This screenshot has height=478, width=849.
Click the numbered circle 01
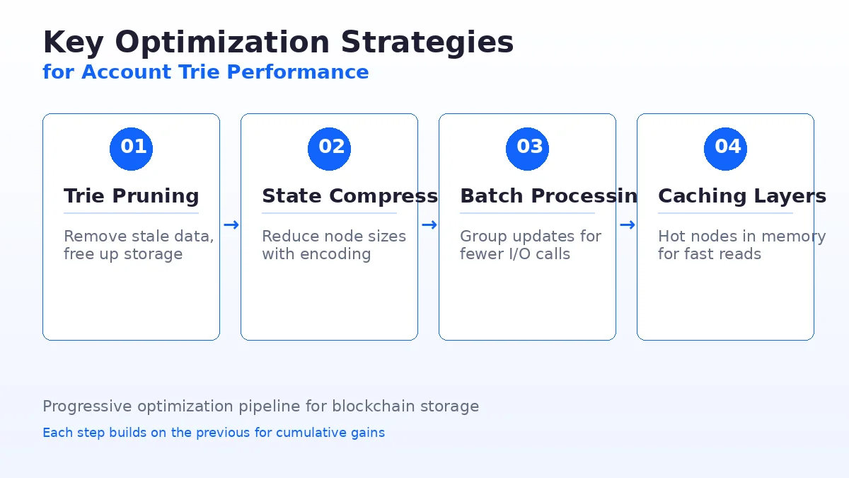pyautogui.click(x=131, y=149)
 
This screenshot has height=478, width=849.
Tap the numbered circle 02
pyautogui.click(x=329, y=149)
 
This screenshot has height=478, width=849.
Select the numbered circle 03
pyautogui.click(x=527, y=149)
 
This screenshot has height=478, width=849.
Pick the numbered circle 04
pyautogui.click(x=725, y=149)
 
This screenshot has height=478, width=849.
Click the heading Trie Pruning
pyautogui.click(x=131, y=196)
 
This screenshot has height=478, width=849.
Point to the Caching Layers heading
pyautogui.click(x=741, y=196)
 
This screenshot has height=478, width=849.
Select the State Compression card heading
pyautogui.click(x=350, y=196)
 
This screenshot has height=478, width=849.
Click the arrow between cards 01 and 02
pyautogui.click(x=231, y=225)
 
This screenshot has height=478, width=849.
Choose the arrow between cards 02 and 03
pyautogui.click(x=429, y=225)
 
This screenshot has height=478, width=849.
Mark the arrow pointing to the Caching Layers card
pyautogui.click(x=627, y=225)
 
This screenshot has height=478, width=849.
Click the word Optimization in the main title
pyautogui.click(x=223, y=42)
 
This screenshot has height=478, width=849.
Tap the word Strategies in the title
pyautogui.click(x=427, y=42)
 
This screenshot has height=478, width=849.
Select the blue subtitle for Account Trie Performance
pyautogui.click(x=205, y=72)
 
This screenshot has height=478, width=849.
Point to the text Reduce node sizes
pyautogui.click(x=334, y=237)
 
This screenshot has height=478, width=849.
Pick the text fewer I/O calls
pyautogui.click(x=514, y=254)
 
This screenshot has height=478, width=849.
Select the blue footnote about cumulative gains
pyautogui.click(x=214, y=433)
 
